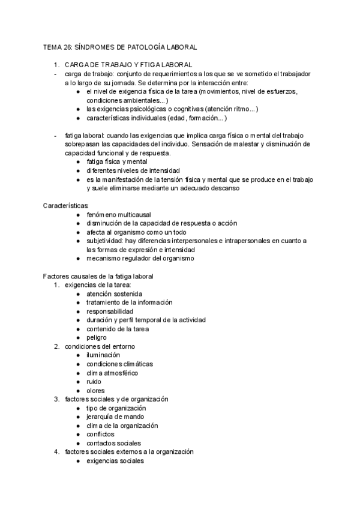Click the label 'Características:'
click(x=66, y=206)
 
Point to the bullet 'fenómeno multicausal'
click(x=119, y=214)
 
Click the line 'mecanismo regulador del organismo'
click(x=140, y=258)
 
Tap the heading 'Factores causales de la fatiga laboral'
click(x=98, y=276)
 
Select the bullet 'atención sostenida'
click(x=115, y=294)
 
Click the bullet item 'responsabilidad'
click(x=110, y=311)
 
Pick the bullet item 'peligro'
click(x=97, y=337)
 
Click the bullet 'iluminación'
click(x=103, y=355)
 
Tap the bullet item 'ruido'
click(x=94, y=381)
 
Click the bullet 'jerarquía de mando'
click(x=115, y=417)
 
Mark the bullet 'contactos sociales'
click(x=114, y=443)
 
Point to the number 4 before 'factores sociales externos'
click(x=56, y=451)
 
